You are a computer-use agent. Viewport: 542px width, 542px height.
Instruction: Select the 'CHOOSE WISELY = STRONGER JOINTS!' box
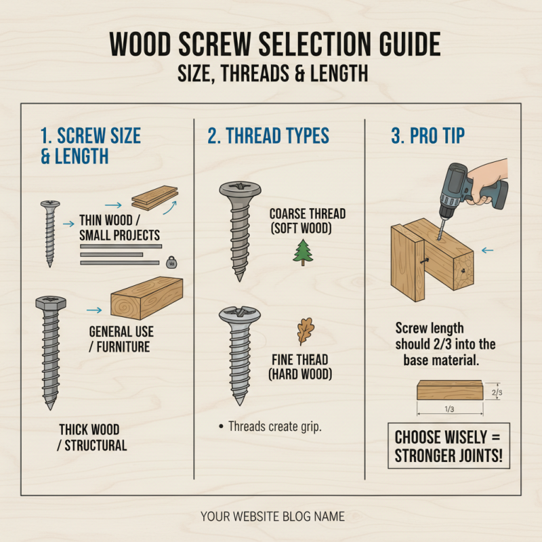pyautogui.click(x=449, y=446)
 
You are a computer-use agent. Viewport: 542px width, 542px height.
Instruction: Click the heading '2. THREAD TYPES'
pyautogui.click(x=268, y=135)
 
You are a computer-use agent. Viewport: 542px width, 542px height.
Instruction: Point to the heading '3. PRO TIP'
pyautogui.click(x=428, y=135)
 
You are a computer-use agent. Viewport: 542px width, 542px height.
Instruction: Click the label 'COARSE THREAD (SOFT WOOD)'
pyautogui.click(x=307, y=221)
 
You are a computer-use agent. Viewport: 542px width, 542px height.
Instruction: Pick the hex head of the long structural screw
pyautogui.click(x=49, y=304)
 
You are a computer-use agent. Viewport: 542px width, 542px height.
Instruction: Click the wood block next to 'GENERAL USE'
pyautogui.click(x=147, y=298)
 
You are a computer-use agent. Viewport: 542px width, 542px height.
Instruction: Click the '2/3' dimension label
pyautogui.click(x=496, y=392)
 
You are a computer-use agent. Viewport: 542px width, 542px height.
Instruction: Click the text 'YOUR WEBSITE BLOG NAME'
pyautogui.click(x=272, y=517)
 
